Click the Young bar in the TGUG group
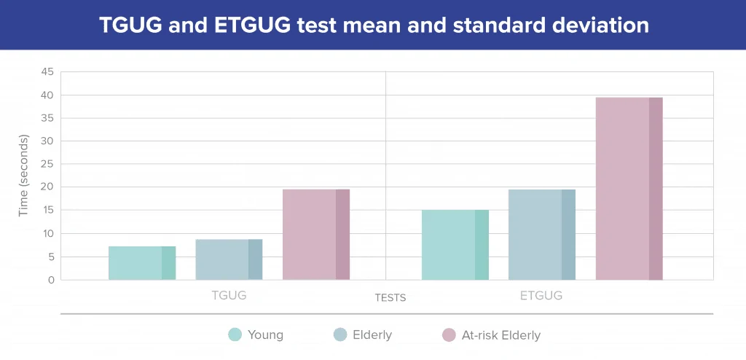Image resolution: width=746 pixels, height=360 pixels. pyautogui.click(x=142, y=263)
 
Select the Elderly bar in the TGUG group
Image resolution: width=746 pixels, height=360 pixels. pyautogui.click(x=229, y=259)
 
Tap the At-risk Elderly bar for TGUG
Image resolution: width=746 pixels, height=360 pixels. pyautogui.click(x=316, y=234)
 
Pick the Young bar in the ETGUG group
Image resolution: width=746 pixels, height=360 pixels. pyautogui.click(x=455, y=245)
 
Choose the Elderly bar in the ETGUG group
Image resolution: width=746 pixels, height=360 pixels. pyautogui.click(x=542, y=234)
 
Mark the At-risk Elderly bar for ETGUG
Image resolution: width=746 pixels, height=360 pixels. pyautogui.click(x=629, y=189)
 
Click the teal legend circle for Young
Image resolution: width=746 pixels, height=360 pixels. pyautogui.click(x=235, y=334)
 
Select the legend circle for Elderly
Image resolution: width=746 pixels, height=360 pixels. pyautogui.click(x=341, y=334)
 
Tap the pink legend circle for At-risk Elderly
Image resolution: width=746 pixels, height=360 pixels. pyautogui.click(x=449, y=334)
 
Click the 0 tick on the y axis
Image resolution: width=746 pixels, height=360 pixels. pyautogui.click(x=51, y=280)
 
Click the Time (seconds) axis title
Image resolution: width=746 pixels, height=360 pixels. pyautogui.click(x=24, y=176)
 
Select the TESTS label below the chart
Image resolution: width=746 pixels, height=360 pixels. pyautogui.click(x=390, y=298)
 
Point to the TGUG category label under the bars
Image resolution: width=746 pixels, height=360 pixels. pyautogui.click(x=229, y=295)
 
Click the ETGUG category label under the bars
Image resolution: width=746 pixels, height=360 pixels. pyautogui.click(x=541, y=295)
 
